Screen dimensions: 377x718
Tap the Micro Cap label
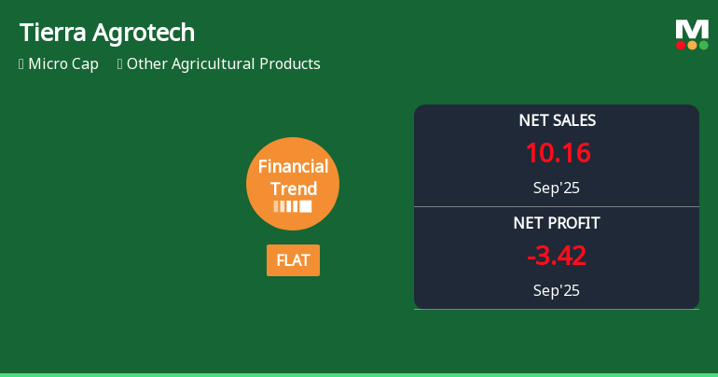(63, 64)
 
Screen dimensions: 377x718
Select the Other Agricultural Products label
(223, 64)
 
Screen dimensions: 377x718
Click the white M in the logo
(692, 30)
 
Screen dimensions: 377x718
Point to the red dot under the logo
(681, 45)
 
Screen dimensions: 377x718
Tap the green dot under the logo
(703, 45)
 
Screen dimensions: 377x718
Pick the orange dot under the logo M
(692, 45)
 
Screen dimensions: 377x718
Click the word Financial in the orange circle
(293, 167)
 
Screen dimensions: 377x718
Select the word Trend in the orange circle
(293, 188)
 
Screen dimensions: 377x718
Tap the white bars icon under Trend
(293, 206)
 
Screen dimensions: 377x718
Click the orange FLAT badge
(293, 260)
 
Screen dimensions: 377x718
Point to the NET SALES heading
(557, 120)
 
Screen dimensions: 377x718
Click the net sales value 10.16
(557, 153)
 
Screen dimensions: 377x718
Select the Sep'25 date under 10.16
(557, 188)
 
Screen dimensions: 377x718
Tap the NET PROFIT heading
(557, 223)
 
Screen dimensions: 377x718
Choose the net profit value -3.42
(557, 256)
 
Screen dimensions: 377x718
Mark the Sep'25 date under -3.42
(557, 290)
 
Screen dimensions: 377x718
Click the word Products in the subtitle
(288, 64)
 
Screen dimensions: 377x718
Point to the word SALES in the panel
(573, 120)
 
